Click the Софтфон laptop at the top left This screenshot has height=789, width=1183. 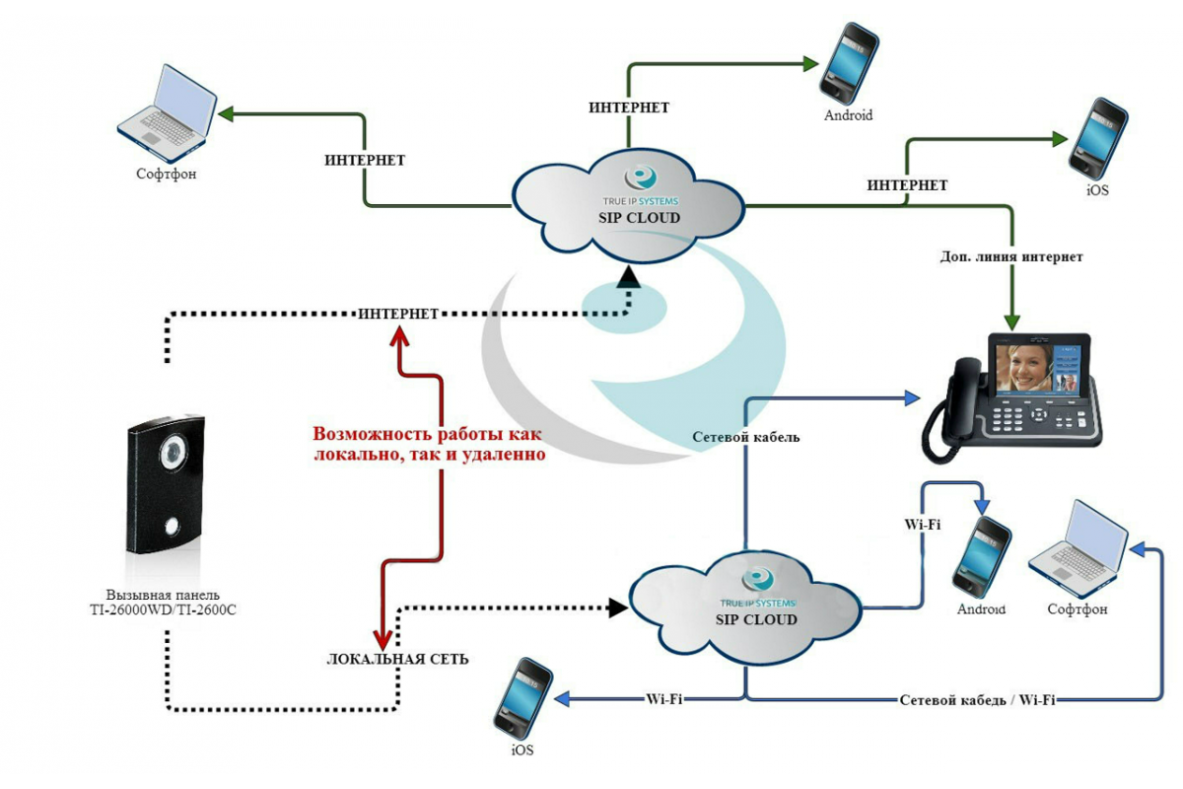pyautogui.click(x=167, y=114)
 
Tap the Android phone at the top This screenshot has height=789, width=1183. pyautogui.click(x=849, y=63)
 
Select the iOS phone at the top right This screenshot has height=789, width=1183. pyautogui.click(x=1097, y=138)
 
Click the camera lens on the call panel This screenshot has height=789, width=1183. pyautogui.click(x=174, y=452)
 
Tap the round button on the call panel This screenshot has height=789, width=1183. pyautogui.click(x=172, y=527)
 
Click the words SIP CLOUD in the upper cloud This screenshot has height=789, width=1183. pyautogui.click(x=639, y=218)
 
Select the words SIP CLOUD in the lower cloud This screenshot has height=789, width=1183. pyautogui.click(x=756, y=619)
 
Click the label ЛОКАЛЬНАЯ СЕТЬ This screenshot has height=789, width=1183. pyautogui.click(x=397, y=660)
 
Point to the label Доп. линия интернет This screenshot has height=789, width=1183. pyautogui.click(x=1011, y=256)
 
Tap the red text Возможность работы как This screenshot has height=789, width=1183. pyautogui.click(x=427, y=434)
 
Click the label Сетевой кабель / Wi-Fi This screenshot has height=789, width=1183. pyautogui.click(x=978, y=700)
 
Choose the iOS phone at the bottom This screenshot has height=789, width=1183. pyautogui.click(x=522, y=698)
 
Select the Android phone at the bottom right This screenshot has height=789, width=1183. pyautogui.click(x=981, y=557)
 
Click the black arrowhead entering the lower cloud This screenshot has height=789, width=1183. pyautogui.click(x=618, y=608)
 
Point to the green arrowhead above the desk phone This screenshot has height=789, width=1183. pyautogui.click(x=1011, y=323)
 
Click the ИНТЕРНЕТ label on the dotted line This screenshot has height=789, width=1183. pyautogui.click(x=398, y=314)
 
